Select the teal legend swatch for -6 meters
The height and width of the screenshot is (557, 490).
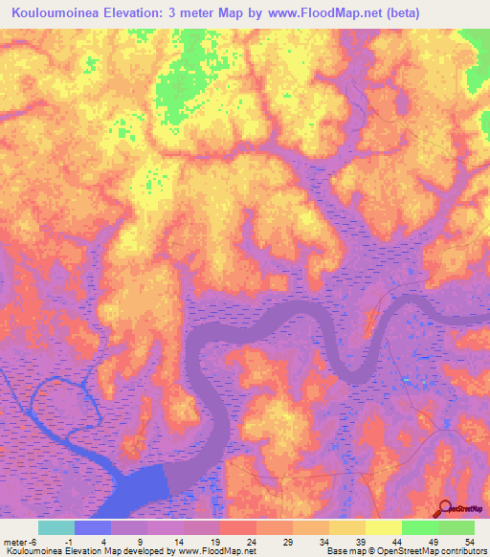tap(56, 527)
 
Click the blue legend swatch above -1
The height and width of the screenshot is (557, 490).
tap(93, 527)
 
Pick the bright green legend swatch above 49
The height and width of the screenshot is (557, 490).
tap(420, 527)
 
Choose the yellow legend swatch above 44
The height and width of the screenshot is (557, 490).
tap(384, 527)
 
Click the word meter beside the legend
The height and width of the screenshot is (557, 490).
tap(14, 540)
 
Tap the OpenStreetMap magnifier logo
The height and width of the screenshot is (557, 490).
tap(443, 510)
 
